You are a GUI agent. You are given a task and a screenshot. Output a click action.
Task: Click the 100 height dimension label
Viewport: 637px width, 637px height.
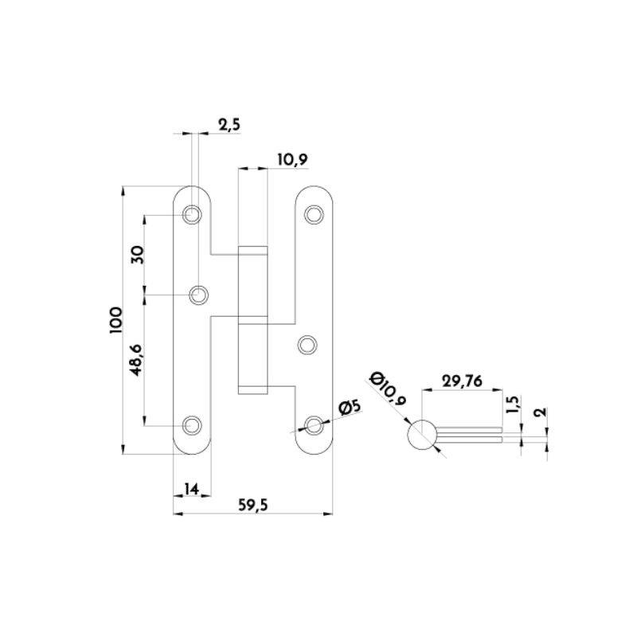click(x=115, y=320)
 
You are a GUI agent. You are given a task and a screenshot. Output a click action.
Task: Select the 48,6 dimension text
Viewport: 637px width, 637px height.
click(x=136, y=360)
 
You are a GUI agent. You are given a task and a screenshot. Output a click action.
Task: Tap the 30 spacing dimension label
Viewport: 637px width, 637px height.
click(x=138, y=255)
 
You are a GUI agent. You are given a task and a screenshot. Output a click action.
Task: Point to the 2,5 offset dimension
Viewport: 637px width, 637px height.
click(x=229, y=125)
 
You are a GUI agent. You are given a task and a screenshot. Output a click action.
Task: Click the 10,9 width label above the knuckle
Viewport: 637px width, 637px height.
click(x=292, y=160)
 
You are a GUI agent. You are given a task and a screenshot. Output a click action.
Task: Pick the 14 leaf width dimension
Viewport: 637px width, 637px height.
click(x=191, y=489)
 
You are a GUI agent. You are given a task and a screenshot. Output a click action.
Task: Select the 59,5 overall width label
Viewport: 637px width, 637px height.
click(x=252, y=505)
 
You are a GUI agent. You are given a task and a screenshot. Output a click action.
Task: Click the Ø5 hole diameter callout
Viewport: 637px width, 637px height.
click(x=350, y=407)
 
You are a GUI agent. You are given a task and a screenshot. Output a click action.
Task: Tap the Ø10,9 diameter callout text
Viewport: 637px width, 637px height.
click(x=388, y=389)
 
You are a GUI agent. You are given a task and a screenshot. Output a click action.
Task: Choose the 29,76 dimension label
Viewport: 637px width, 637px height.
click(x=462, y=381)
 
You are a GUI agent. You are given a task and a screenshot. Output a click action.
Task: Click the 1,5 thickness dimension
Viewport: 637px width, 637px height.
click(x=513, y=404)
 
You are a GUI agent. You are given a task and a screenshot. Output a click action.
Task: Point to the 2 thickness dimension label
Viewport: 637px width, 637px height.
click(x=541, y=412)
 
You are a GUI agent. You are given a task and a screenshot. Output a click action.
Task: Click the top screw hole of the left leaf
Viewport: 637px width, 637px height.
click(x=192, y=214)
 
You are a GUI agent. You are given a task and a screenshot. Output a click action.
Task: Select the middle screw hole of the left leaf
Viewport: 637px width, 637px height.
click(x=198, y=295)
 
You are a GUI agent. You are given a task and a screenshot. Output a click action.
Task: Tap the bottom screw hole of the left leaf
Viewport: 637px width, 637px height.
click(x=192, y=425)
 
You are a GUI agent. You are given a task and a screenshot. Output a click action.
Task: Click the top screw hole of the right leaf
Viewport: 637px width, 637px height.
click(x=314, y=214)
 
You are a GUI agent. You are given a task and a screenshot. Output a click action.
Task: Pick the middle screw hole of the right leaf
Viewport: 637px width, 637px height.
click(x=307, y=345)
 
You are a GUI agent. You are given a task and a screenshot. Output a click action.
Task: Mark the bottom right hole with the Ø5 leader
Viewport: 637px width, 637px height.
click(x=314, y=425)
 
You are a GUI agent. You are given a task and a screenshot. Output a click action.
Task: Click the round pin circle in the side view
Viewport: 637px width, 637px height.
click(x=422, y=435)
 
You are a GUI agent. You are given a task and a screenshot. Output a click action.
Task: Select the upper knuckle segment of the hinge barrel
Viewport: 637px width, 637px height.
click(x=252, y=284)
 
